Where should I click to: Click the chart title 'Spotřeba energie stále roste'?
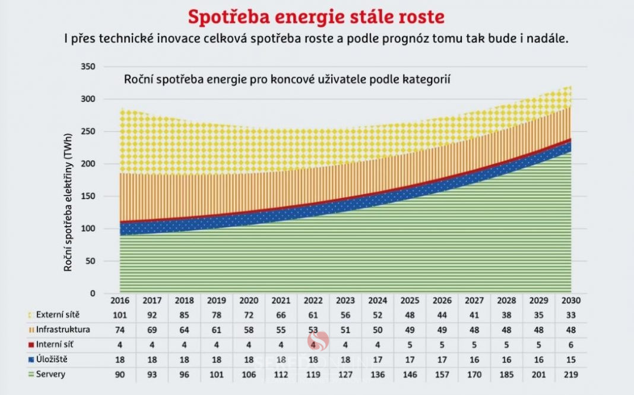click(316, 16)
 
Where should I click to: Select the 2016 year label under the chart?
click(120, 300)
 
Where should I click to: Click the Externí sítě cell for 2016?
click(120, 314)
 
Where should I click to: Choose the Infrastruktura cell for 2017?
click(151, 329)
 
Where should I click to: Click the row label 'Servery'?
click(51, 375)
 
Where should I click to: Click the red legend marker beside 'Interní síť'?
click(30, 345)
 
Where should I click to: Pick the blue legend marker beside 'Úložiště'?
click(30, 359)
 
